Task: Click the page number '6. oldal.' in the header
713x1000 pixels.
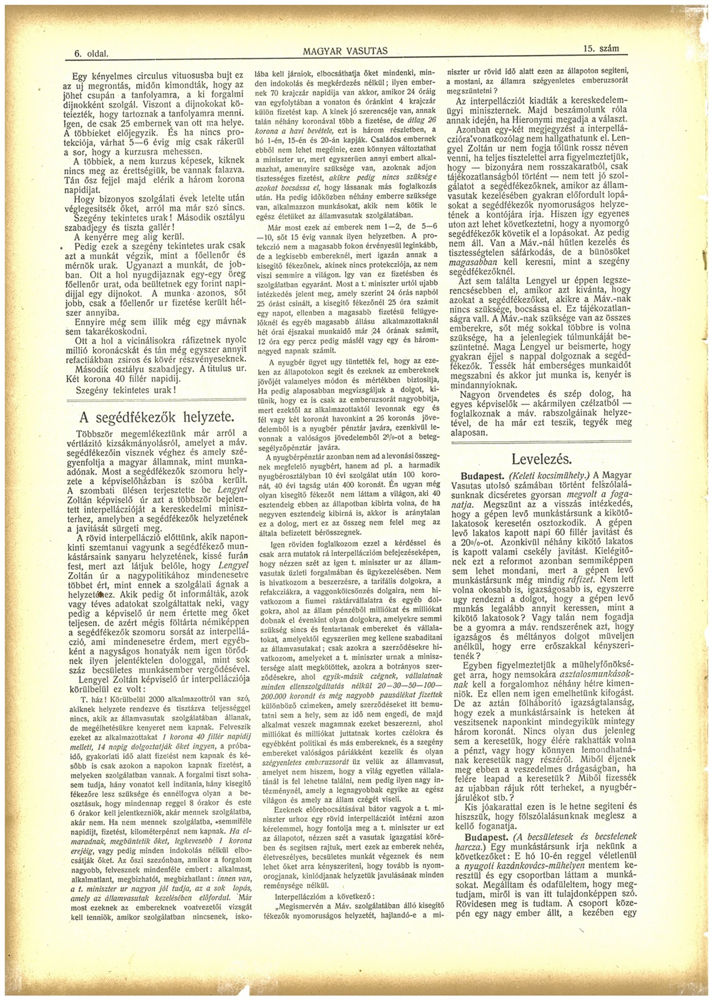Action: point(91,54)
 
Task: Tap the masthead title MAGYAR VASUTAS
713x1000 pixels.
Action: point(345,51)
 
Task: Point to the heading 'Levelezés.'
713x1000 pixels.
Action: point(541,459)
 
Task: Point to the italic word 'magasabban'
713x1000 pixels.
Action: point(471,261)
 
